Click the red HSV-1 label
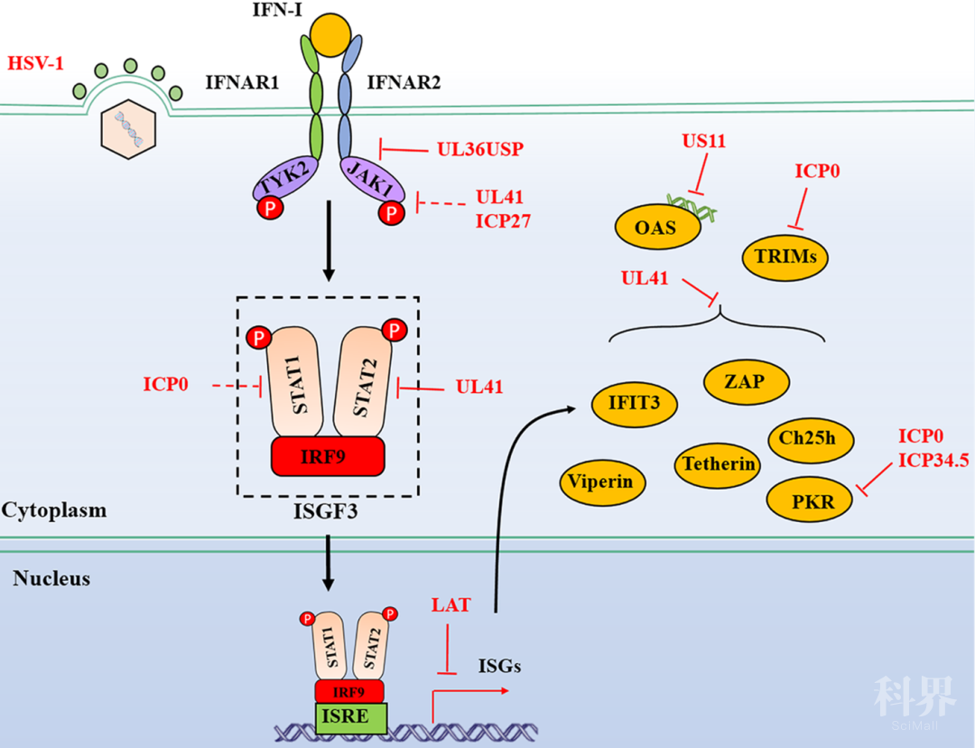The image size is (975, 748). (36, 64)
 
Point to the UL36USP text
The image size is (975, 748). (480, 149)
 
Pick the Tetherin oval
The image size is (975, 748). (718, 464)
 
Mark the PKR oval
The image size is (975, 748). (809, 500)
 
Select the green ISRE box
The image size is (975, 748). (351, 717)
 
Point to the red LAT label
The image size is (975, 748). (450, 605)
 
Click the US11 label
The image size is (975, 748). (704, 141)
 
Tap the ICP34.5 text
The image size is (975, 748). (933, 462)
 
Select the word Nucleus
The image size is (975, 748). (51, 578)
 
